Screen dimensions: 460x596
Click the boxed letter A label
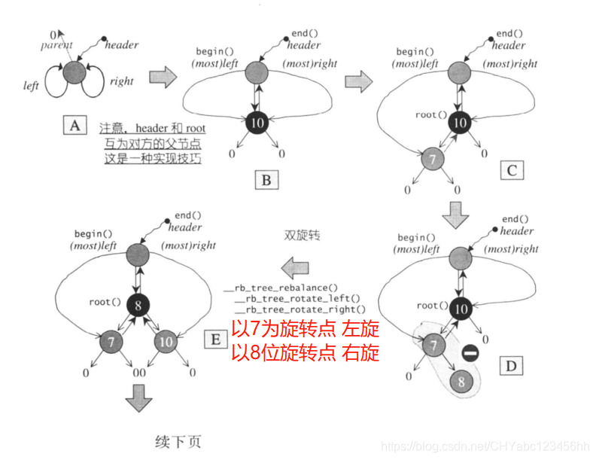pos(74,126)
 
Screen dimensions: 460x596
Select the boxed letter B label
pos(266,179)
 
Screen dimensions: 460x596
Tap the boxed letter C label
pos(511,170)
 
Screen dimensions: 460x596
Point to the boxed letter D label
pos(511,366)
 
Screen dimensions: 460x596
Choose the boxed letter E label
pos(215,340)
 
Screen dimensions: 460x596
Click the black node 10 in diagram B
pos(257,122)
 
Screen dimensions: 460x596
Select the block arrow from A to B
pos(163,77)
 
